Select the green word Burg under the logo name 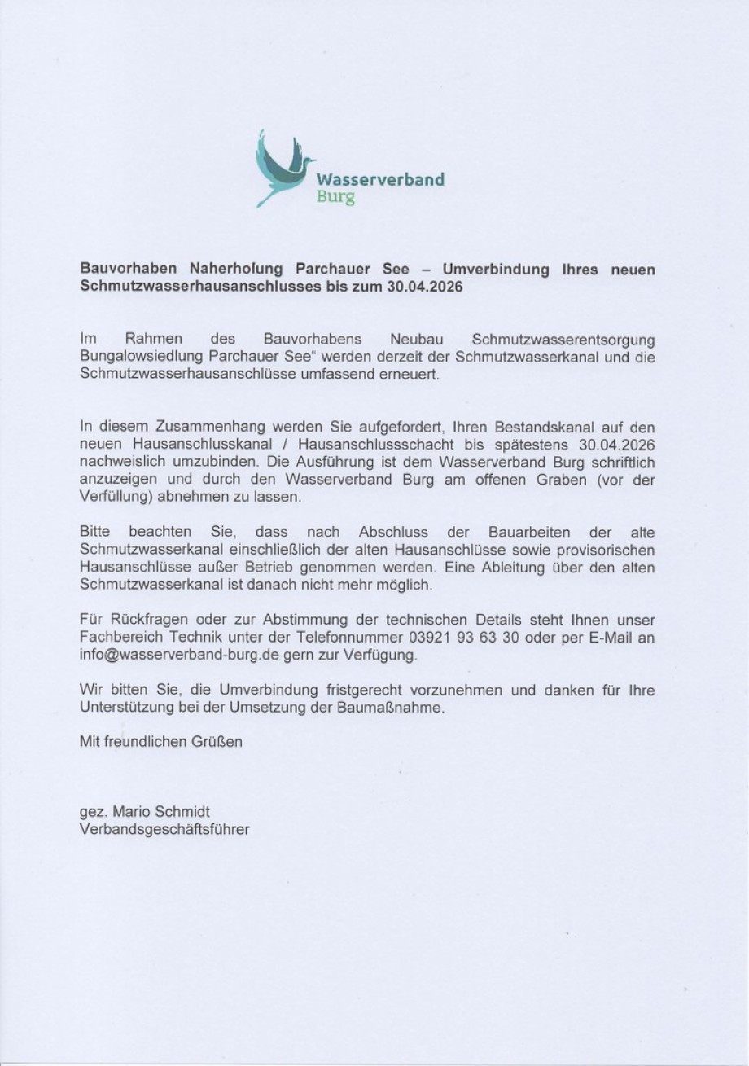coord(335,198)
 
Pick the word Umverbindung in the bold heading coord(496,270)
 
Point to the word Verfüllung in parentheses coord(112,497)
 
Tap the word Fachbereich coord(118,638)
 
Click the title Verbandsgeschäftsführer coord(164,829)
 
